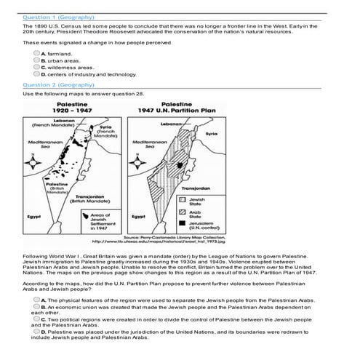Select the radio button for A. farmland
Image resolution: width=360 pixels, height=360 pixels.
pos(36,54)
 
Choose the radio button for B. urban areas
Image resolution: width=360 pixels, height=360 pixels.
pos(36,60)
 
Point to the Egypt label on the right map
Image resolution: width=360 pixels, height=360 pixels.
pos(140,216)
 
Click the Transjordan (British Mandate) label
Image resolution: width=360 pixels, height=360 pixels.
pos(91,199)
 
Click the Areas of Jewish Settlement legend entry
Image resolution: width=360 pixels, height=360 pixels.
pos(99,221)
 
